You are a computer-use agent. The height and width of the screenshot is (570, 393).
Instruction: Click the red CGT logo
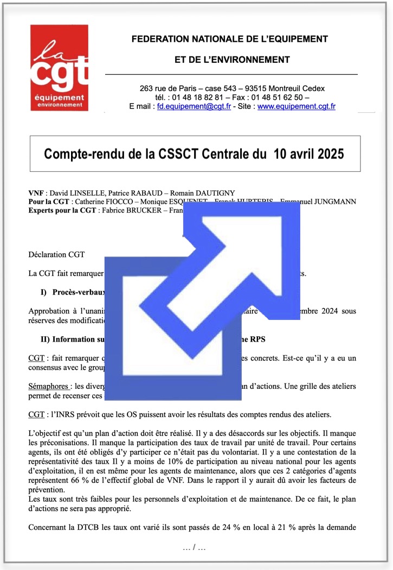click(59, 68)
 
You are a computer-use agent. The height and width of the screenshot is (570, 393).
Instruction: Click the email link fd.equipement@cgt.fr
click(191, 107)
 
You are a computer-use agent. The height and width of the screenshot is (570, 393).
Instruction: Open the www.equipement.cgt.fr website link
click(296, 107)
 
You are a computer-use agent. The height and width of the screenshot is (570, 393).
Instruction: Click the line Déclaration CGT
click(56, 254)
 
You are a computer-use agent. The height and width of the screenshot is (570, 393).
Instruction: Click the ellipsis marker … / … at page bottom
click(195, 548)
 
